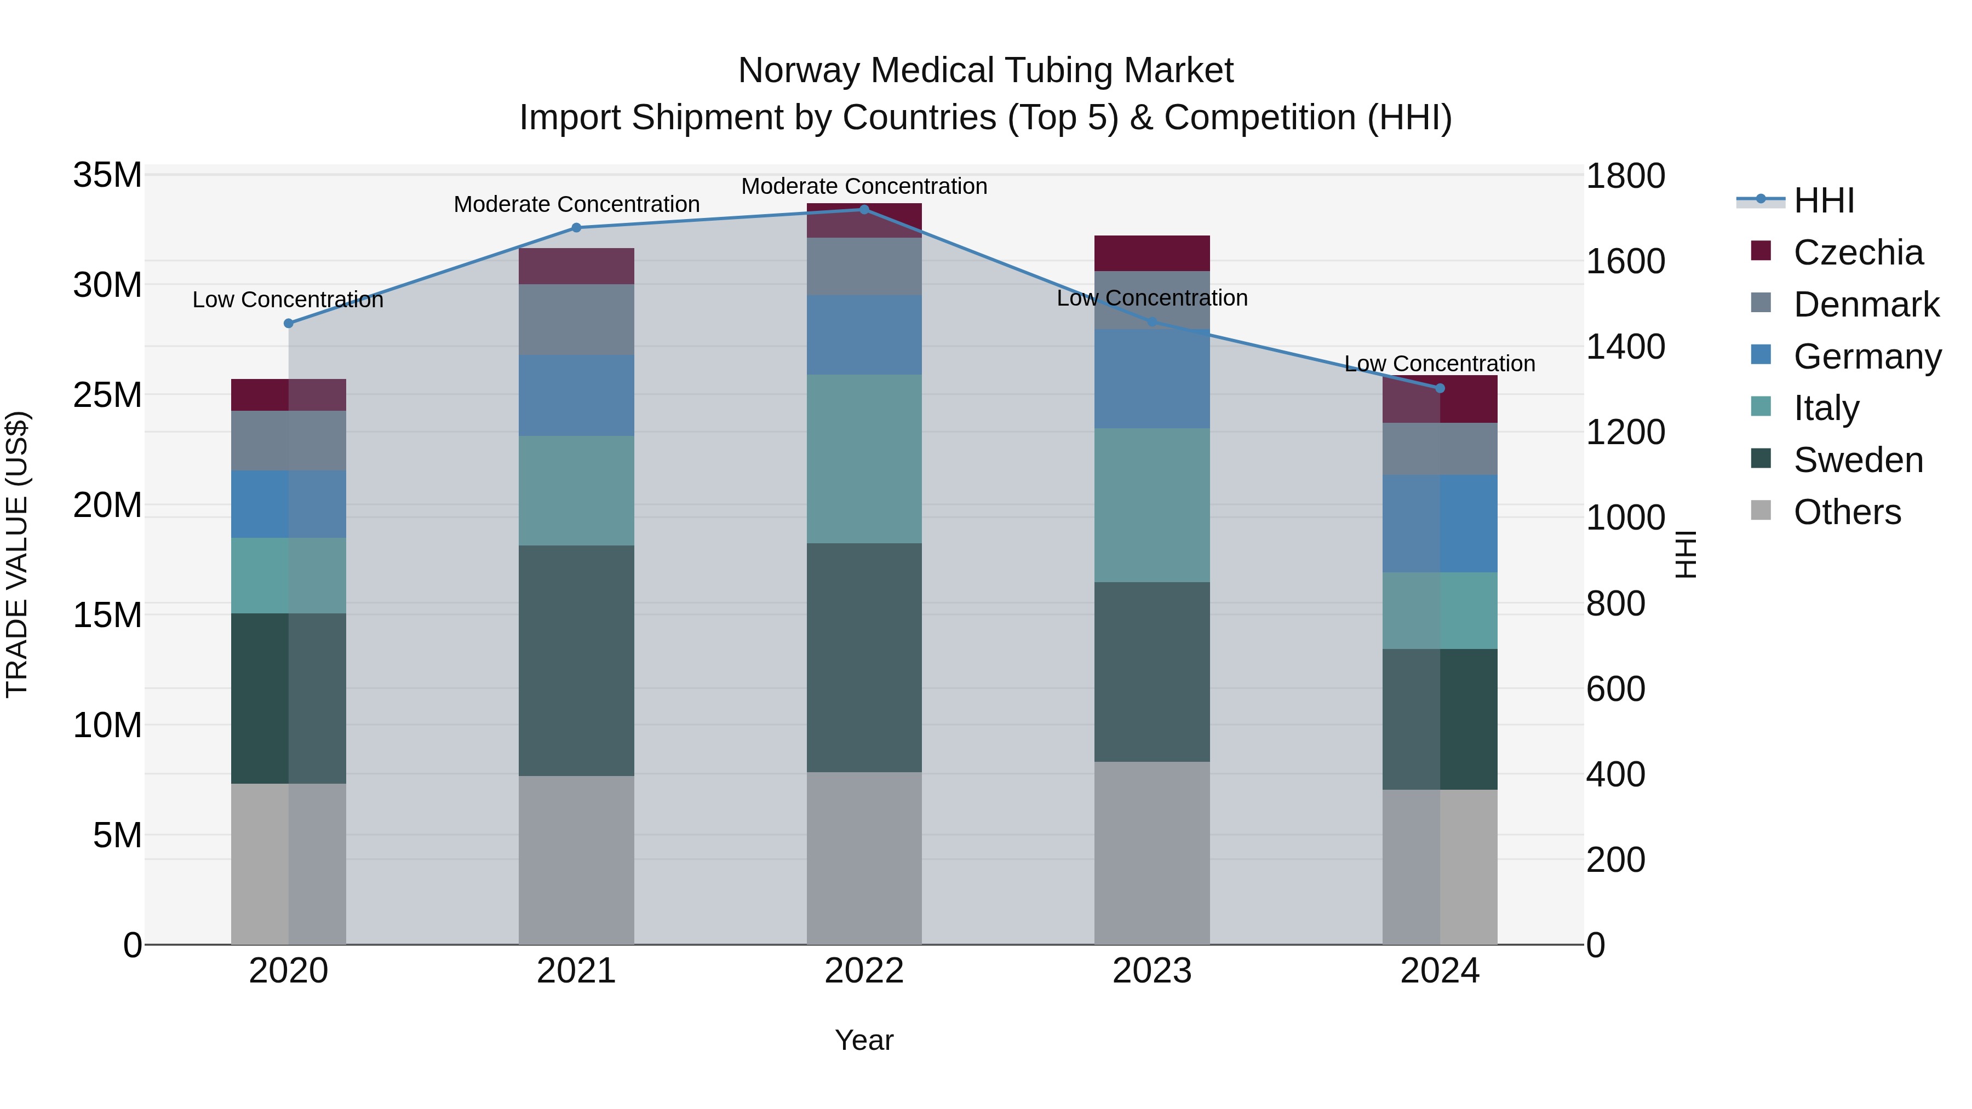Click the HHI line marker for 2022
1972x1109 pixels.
click(864, 210)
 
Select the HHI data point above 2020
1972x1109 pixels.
click(289, 324)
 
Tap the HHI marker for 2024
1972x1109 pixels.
click(1439, 389)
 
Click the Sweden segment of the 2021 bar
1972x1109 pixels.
click(576, 660)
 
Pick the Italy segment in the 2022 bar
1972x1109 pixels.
click(864, 459)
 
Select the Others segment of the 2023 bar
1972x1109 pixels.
click(1152, 853)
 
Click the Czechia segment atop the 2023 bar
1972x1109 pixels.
click(1152, 254)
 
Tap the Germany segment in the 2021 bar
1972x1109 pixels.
click(576, 396)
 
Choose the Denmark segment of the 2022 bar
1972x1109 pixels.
click(864, 267)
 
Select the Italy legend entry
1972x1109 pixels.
click(1826, 408)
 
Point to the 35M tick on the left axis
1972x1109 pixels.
click(107, 175)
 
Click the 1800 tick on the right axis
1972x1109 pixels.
click(1625, 176)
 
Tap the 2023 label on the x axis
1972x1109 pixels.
click(1152, 971)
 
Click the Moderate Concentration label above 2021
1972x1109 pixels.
click(576, 204)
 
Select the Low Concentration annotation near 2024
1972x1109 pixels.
click(1439, 364)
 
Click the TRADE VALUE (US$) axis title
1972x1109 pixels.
click(18, 554)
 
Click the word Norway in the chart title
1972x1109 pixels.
click(799, 71)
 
